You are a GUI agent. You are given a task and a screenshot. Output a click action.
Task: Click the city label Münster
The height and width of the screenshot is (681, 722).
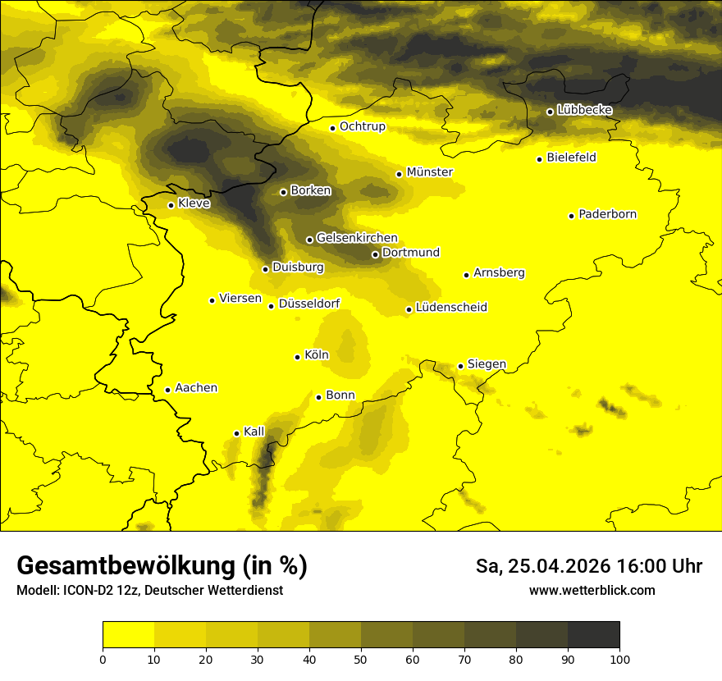430,172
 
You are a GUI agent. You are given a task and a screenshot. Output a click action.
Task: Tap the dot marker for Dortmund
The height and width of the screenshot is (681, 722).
375,254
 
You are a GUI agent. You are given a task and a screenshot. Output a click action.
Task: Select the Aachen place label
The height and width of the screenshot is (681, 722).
196,388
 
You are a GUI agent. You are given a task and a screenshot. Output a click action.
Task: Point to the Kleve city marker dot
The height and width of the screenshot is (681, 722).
171,205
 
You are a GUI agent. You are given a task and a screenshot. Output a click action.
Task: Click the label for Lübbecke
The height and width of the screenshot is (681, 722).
584,110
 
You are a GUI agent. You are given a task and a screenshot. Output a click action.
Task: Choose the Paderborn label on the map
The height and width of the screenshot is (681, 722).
608,214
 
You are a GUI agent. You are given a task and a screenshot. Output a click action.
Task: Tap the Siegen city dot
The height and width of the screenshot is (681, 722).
461,366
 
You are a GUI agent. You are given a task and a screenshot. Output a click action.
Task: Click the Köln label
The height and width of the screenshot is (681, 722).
317,355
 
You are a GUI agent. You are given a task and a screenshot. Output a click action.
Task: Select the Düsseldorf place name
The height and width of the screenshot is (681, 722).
309,304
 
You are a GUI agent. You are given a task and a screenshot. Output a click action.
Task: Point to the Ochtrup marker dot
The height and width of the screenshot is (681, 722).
333,128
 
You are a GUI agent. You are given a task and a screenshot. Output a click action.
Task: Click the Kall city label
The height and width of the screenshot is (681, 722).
254,432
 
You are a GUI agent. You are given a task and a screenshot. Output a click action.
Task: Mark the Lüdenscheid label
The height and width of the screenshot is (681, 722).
451,308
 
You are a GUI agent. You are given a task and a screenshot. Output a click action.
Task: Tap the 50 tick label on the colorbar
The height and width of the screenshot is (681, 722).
361,659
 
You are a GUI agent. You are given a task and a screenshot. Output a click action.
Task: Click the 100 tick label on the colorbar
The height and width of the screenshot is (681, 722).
619,659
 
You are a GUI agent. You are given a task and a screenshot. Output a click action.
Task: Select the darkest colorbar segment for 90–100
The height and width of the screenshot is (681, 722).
593,635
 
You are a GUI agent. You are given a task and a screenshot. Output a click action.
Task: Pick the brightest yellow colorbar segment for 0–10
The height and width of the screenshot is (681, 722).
128,635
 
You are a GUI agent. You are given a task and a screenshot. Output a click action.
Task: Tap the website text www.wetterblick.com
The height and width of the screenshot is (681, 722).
592,591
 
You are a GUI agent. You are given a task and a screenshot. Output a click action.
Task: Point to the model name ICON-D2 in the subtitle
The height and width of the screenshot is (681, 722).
85,591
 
